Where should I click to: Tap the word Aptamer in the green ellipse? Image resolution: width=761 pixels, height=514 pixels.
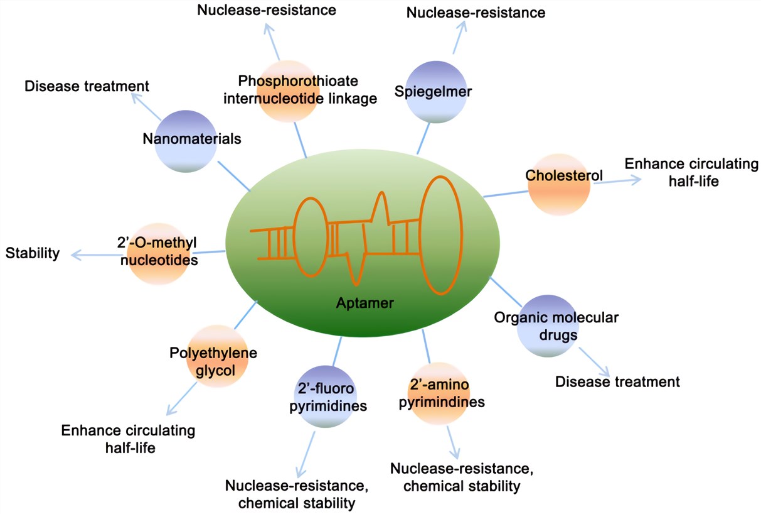click(365, 304)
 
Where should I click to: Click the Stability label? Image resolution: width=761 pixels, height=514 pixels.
click(33, 253)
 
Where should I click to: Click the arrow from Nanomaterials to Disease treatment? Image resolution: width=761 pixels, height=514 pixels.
click(146, 107)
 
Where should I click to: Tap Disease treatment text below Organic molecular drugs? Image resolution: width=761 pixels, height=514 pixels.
click(617, 381)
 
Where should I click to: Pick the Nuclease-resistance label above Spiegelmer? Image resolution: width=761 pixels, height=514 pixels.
click(476, 12)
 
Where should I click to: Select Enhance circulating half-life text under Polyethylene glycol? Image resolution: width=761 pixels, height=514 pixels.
click(128, 439)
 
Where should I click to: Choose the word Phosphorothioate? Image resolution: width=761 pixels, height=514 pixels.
click(298, 81)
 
